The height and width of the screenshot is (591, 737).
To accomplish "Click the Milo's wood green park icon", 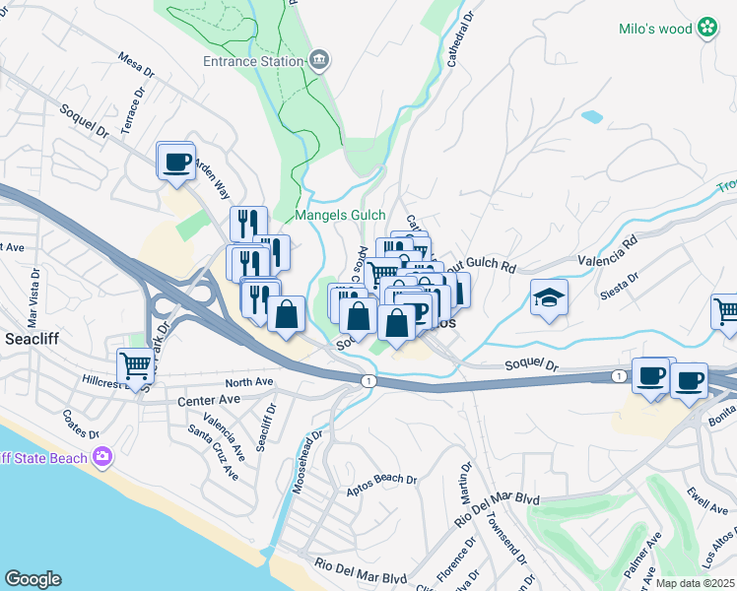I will click(x=707, y=29).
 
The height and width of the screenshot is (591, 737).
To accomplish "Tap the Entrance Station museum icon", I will click(x=319, y=61).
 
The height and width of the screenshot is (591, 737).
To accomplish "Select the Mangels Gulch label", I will click(x=340, y=215).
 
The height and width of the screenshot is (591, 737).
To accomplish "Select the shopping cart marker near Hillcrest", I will click(x=135, y=365).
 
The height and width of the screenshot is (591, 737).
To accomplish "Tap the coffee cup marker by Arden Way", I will click(x=176, y=161).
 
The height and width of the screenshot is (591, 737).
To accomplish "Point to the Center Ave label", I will click(x=209, y=401).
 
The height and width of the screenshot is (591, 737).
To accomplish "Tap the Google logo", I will click(x=33, y=579).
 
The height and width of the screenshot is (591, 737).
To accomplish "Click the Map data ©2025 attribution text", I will click(x=695, y=583).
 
